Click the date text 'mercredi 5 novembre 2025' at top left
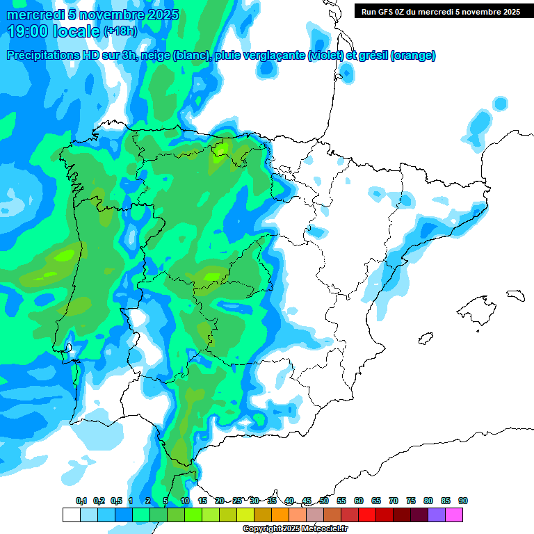point(92,15)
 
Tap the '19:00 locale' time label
point(54,31)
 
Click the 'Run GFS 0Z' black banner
point(438,12)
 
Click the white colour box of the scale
point(71,515)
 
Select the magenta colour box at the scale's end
point(453,515)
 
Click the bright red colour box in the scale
point(366,515)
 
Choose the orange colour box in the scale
point(280,515)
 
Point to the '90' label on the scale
point(463,501)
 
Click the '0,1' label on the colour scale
point(81,501)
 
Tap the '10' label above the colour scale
point(185,501)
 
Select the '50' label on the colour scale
point(324,501)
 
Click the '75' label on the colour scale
point(411,501)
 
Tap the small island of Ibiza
point(424,339)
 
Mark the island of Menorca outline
point(515,295)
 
